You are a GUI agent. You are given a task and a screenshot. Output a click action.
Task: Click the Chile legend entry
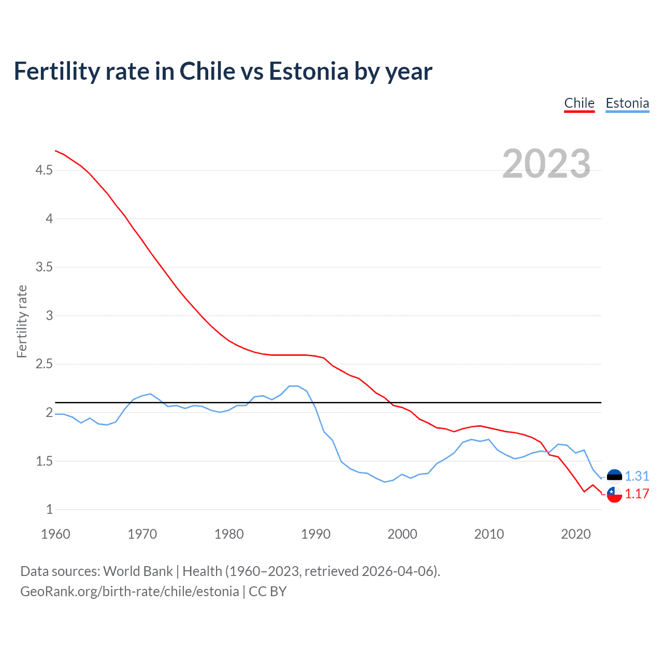tap(579, 103)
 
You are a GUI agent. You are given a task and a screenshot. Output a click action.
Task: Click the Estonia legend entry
tap(627, 103)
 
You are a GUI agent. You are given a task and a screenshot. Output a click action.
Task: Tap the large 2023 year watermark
tap(546, 164)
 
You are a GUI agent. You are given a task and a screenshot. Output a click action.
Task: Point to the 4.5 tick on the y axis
tap(44, 170)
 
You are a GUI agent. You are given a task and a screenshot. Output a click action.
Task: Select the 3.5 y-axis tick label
tap(44, 267)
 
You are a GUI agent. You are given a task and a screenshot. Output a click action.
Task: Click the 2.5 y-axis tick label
tap(44, 364)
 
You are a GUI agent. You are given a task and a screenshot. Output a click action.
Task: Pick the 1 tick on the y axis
tap(50, 510)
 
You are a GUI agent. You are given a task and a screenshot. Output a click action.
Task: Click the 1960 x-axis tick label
tap(55, 534)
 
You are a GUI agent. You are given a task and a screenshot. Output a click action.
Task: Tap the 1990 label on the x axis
tap(315, 534)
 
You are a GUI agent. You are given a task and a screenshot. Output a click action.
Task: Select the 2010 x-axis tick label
tap(489, 534)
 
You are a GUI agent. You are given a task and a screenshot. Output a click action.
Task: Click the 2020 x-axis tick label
tap(575, 534)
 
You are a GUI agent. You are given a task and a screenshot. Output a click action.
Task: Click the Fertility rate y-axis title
tap(22, 321)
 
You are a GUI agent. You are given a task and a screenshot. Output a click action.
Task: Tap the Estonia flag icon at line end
tap(614, 477)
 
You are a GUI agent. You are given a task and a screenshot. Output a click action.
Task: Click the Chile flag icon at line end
tap(614, 494)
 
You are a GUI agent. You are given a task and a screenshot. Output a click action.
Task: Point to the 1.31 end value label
tap(637, 477)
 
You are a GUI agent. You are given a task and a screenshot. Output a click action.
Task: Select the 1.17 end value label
tap(637, 494)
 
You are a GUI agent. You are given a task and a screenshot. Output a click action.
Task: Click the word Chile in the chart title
tap(207, 71)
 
